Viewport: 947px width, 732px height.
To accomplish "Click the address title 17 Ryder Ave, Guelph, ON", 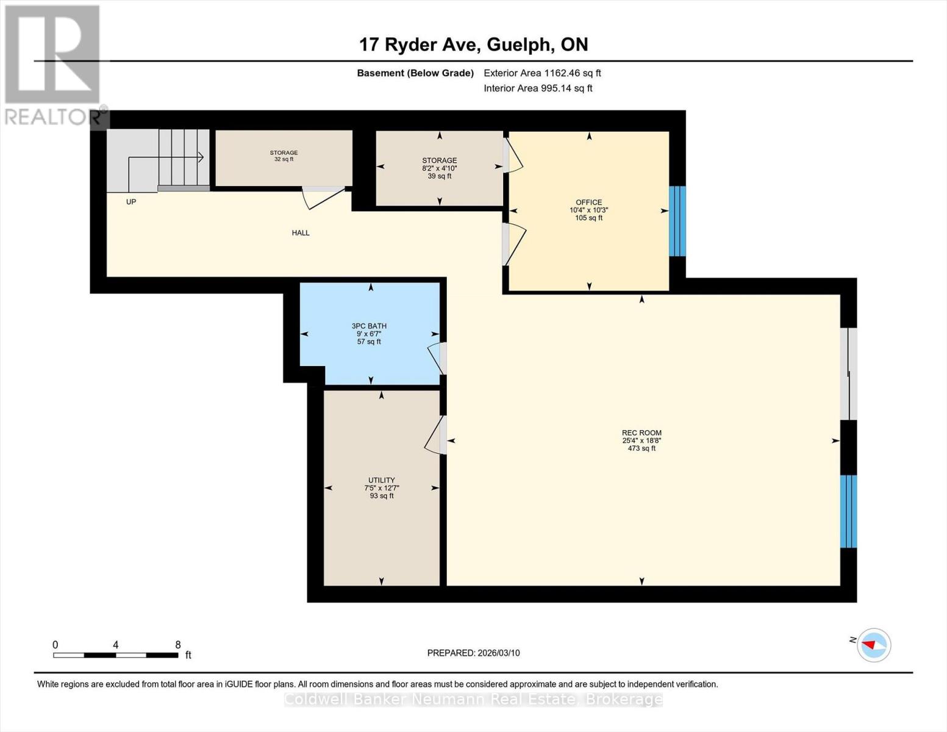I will pyautogui.click(x=473, y=45).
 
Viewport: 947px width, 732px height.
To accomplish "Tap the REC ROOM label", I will pyautogui.click(x=641, y=433).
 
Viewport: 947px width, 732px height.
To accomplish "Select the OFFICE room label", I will pyautogui.click(x=588, y=203).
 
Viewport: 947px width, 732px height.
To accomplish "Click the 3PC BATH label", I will pyautogui.click(x=369, y=326).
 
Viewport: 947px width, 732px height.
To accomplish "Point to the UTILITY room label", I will pyautogui.click(x=381, y=480).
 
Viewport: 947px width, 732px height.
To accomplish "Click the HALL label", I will pyautogui.click(x=301, y=233).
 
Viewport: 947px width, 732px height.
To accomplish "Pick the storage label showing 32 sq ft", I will pyautogui.click(x=284, y=156).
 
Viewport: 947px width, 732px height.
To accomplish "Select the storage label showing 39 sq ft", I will pyautogui.click(x=439, y=168).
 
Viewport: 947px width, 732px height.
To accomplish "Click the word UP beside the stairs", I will pyautogui.click(x=131, y=202).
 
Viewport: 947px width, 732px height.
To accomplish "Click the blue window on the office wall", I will pyautogui.click(x=677, y=221).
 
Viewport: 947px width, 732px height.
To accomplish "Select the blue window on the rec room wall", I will pyautogui.click(x=848, y=511).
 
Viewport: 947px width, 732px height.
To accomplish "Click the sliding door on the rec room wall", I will pyautogui.click(x=848, y=374).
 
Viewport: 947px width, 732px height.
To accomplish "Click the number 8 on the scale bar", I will pyautogui.click(x=177, y=645).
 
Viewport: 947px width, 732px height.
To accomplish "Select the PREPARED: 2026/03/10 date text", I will pyautogui.click(x=473, y=653).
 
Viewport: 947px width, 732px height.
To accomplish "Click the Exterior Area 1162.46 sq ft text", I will pyautogui.click(x=542, y=73).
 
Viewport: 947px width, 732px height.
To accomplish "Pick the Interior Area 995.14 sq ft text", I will pyautogui.click(x=538, y=88).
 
